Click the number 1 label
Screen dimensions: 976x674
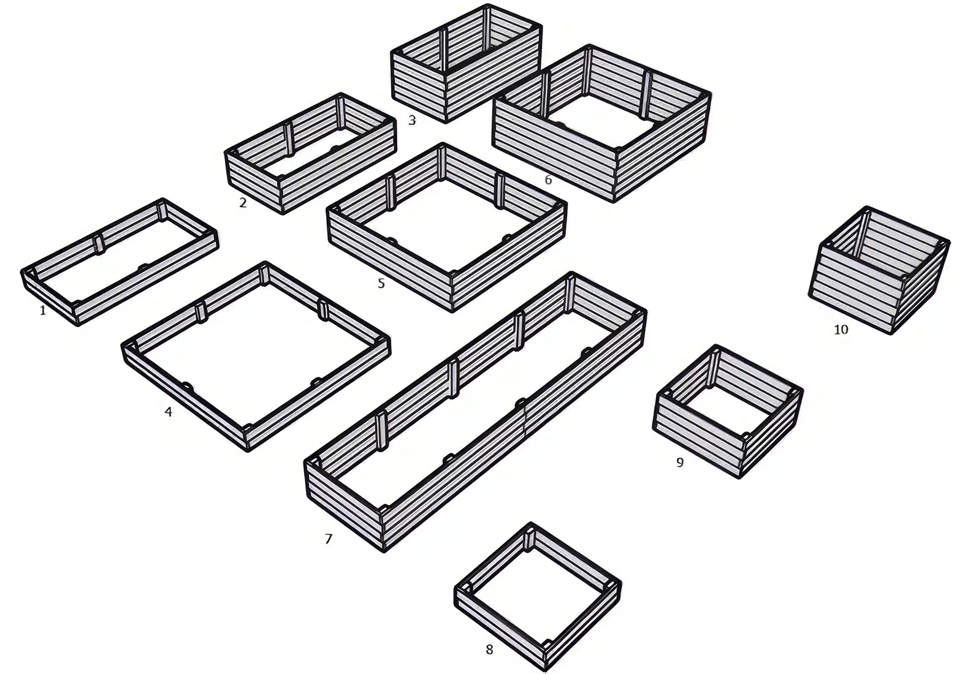pos(43,311)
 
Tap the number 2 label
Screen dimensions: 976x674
pos(243,202)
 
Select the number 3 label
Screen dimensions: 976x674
pos(412,120)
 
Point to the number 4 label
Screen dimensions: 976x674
pos(168,412)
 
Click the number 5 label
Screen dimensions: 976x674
pos(381,284)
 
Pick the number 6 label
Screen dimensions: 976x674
pos(548,180)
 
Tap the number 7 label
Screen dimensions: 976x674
pos(329,539)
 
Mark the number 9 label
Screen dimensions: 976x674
pos(680,463)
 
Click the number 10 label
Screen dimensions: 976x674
pos(841,330)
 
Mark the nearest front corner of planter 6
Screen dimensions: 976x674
pos(614,200)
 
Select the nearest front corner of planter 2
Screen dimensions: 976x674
pos(283,213)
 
